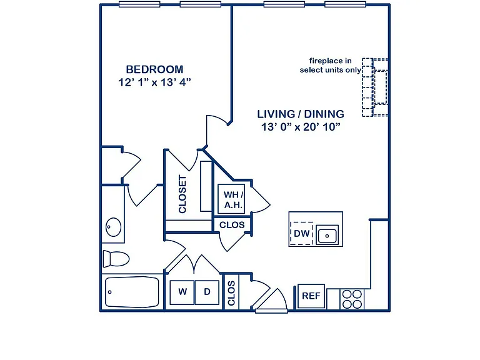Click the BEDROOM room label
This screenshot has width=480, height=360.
point(154,69)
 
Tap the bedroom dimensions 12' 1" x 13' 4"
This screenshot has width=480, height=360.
point(154,82)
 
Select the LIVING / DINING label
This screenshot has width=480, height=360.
point(301,114)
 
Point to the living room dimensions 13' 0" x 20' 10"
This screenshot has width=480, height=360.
point(301,126)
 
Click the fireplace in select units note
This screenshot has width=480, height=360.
point(330,65)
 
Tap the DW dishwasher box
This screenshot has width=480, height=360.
point(301,233)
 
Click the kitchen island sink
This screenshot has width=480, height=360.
point(327,235)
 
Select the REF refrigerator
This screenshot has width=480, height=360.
point(311,296)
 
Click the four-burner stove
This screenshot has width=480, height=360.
point(352,299)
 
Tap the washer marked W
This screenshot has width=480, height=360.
point(182,292)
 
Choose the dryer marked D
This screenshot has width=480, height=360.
point(207,292)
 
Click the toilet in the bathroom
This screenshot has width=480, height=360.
point(116,259)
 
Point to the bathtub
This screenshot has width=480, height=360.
point(132,292)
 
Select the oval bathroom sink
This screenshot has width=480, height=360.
point(113,227)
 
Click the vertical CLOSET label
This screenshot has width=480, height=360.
point(182,194)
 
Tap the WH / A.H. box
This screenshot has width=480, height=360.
point(231,199)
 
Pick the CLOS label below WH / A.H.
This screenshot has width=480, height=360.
point(232,225)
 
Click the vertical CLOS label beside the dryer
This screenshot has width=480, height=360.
point(231,293)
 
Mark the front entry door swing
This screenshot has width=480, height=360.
point(271,301)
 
